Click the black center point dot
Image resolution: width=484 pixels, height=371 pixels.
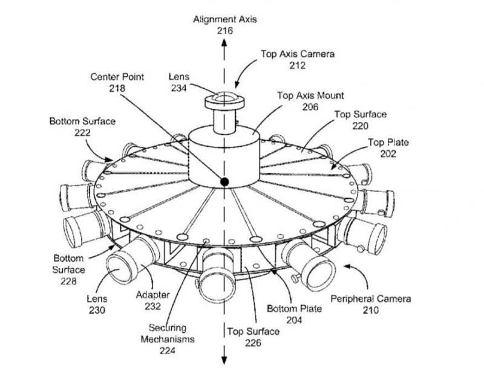click(x=224, y=182)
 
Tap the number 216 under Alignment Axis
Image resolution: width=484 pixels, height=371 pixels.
click(x=224, y=31)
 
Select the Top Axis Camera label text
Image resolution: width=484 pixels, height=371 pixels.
click(x=298, y=54)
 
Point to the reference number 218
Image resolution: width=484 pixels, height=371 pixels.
click(x=117, y=88)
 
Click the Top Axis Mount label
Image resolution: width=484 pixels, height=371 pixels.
click(x=310, y=95)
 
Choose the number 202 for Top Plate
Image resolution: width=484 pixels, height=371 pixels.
click(x=388, y=153)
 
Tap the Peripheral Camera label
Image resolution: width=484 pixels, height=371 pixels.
click(x=371, y=298)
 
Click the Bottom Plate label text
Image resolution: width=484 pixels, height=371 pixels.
click(x=294, y=309)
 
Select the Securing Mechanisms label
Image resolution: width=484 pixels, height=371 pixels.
click(x=168, y=334)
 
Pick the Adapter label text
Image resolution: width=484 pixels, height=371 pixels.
click(x=153, y=295)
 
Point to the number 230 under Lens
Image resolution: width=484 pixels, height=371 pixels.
click(x=97, y=310)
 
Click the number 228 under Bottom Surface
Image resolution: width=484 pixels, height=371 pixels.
click(x=68, y=281)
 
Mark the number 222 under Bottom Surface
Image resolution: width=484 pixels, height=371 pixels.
click(x=82, y=132)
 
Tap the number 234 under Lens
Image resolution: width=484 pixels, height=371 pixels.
click(x=179, y=88)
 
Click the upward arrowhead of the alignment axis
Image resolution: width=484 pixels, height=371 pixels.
click(x=224, y=42)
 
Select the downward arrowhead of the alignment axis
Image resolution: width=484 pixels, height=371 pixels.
click(x=224, y=360)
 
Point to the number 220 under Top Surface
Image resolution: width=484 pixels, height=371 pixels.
click(x=360, y=126)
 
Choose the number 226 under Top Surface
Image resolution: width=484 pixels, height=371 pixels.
click(x=253, y=343)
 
